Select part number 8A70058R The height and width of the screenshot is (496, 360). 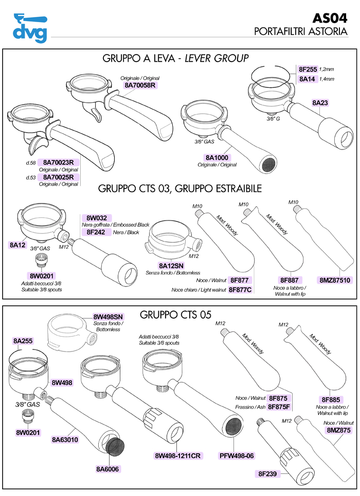(139, 85)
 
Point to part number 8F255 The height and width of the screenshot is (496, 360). (308, 69)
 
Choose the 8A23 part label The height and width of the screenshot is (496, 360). (320, 103)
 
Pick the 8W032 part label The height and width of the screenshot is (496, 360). (96, 218)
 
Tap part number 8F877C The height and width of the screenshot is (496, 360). (240, 290)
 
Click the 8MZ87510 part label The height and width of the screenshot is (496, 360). (335, 281)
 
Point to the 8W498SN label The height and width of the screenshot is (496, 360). (108, 316)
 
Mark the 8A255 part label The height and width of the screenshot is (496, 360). (23, 341)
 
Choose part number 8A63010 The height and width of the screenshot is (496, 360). (65, 440)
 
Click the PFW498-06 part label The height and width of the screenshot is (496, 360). (237, 455)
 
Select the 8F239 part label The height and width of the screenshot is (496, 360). (268, 473)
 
